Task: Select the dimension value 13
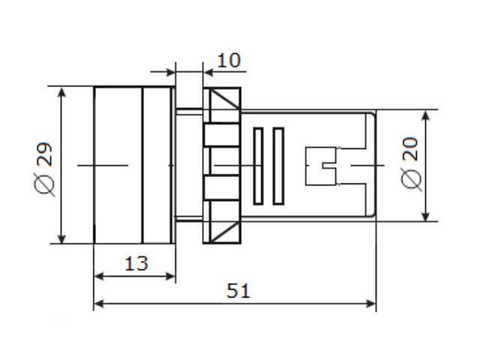[136, 263]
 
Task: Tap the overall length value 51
[238, 291]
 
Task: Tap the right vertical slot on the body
[279, 166]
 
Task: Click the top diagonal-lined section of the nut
[222, 105]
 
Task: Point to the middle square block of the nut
[222, 164]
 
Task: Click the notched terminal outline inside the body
[322, 165]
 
